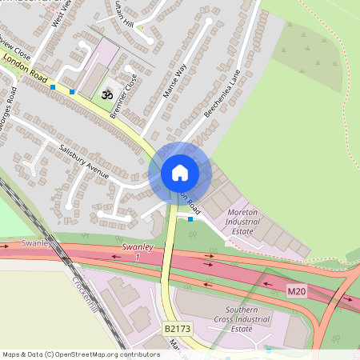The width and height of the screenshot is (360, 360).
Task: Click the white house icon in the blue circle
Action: pyautogui.click(x=179, y=172)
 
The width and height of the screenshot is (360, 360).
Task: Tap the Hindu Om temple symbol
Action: pyautogui.click(x=106, y=94)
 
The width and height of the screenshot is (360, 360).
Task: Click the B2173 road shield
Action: pyautogui.click(x=177, y=329)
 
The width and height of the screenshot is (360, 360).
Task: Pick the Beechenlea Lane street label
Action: pyautogui.click(x=222, y=94)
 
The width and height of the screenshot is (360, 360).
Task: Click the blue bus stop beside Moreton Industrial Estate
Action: pyautogui.click(x=190, y=218)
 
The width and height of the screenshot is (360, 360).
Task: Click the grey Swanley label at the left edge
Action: pyautogui.click(x=37, y=242)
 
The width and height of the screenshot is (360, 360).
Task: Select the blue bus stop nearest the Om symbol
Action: pyautogui.click(x=73, y=92)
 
